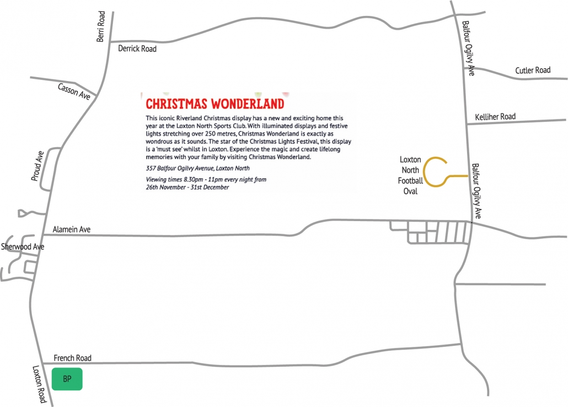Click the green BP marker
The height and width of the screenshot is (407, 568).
coord(67,379)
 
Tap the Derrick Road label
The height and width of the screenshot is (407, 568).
coord(137,49)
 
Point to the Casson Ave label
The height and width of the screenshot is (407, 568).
coord(74,91)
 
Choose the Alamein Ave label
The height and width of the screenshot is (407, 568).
coord(71,229)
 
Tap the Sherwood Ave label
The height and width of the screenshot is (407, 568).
coord(23,247)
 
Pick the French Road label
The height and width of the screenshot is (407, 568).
coord(72,358)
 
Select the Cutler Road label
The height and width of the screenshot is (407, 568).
coord(533,71)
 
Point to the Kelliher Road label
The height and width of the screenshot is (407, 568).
coord(495,116)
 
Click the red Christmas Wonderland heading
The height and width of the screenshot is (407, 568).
coord(215,104)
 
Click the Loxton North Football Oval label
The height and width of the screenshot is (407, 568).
coord(411,175)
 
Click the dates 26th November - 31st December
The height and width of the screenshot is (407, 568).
coord(187,187)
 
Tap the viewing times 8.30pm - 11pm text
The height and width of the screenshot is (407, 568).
coord(206,179)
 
